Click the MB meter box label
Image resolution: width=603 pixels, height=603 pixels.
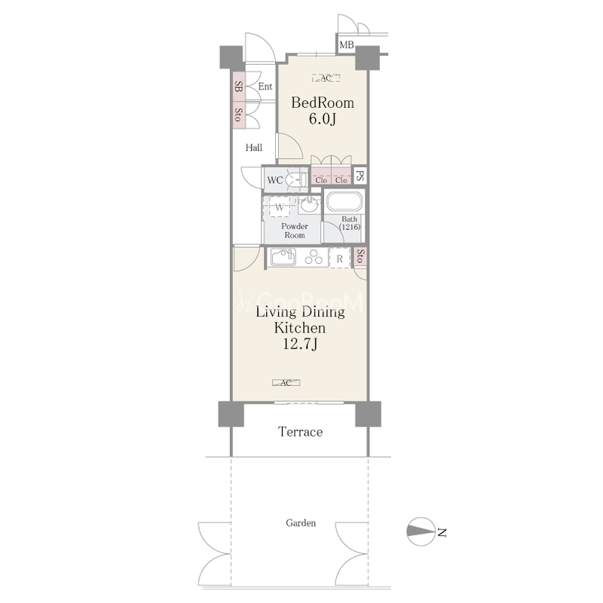click(x=347, y=45)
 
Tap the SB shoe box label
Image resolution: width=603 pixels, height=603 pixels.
click(x=238, y=87)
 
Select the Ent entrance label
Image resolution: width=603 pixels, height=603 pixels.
click(x=265, y=87)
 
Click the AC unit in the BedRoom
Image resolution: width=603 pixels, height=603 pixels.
click(x=326, y=78)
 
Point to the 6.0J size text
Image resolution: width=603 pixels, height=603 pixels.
click(x=323, y=119)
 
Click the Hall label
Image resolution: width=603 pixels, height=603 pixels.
click(x=254, y=147)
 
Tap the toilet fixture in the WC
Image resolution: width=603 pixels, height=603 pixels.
click(x=297, y=180)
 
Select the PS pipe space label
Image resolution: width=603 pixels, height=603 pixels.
click(x=360, y=176)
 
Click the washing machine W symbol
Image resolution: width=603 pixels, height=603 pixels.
click(x=280, y=208)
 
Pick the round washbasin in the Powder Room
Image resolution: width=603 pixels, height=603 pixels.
click(x=310, y=205)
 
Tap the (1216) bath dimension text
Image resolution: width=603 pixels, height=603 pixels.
click(x=350, y=227)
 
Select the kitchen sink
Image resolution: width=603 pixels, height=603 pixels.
click(x=283, y=257)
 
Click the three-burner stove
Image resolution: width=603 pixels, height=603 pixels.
click(x=314, y=257)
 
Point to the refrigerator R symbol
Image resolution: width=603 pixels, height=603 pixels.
click(x=340, y=259)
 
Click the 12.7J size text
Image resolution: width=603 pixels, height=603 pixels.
click(x=300, y=344)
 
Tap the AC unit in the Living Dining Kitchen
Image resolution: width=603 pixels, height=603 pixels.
click(x=286, y=383)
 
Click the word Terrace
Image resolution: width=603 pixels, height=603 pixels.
click(x=300, y=432)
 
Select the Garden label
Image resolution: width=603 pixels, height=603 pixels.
click(x=301, y=523)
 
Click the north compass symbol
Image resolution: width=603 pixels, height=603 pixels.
click(x=421, y=531)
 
